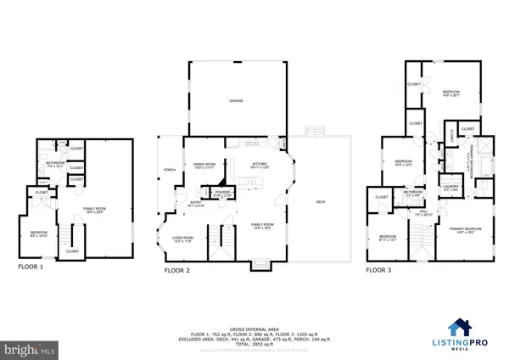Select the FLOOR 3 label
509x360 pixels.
379,271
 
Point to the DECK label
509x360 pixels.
321,202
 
